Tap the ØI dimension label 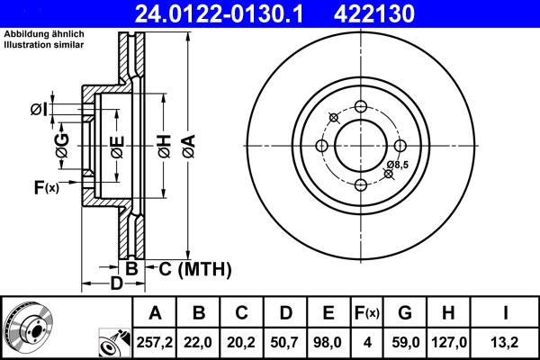click(38, 110)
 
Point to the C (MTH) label click(194, 268)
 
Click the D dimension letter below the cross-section click(116, 284)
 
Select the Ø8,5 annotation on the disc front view click(397, 165)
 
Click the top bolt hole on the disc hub click(361, 107)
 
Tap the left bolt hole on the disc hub click(321, 146)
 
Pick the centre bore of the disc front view click(361, 146)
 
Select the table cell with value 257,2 click(155, 340)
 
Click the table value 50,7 click(285, 340)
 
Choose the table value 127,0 click(449, 340)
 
